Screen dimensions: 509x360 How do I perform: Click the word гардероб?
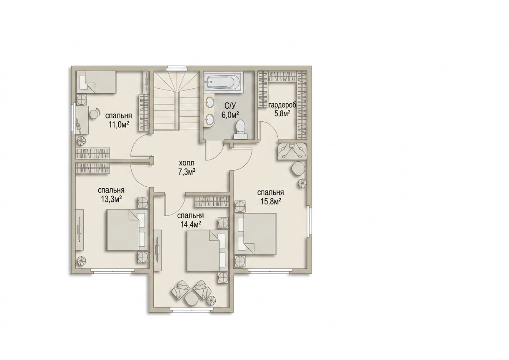283,106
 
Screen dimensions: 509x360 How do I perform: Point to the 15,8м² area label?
272,201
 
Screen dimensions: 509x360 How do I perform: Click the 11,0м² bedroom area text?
118,124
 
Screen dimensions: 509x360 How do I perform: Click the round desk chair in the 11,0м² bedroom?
94,114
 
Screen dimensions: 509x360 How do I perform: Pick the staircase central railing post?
176,110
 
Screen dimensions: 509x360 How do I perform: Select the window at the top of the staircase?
176,67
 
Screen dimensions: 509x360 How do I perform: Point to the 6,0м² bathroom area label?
230,115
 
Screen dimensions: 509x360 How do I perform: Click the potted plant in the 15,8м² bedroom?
302,183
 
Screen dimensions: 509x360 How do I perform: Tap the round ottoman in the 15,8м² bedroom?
298,168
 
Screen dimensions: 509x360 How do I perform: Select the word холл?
187,163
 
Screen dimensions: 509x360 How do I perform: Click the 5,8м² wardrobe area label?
283,113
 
